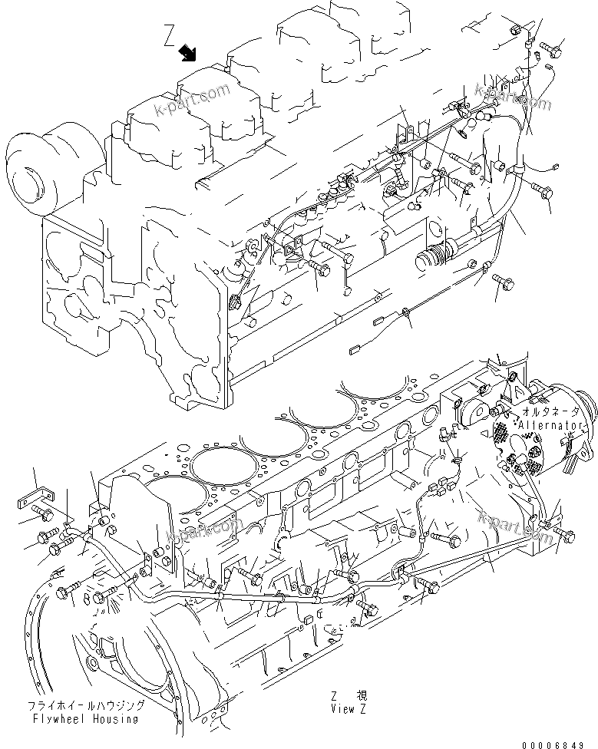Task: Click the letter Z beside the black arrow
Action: pyautogui.click(x=170, y=35)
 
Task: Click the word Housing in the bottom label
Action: pyautogui.click(x=115, y=719)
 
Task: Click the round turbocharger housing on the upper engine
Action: pyautogui.click(x=33, y=173)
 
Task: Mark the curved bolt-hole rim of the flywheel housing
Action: pyautogui.click(x=31, y=629)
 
